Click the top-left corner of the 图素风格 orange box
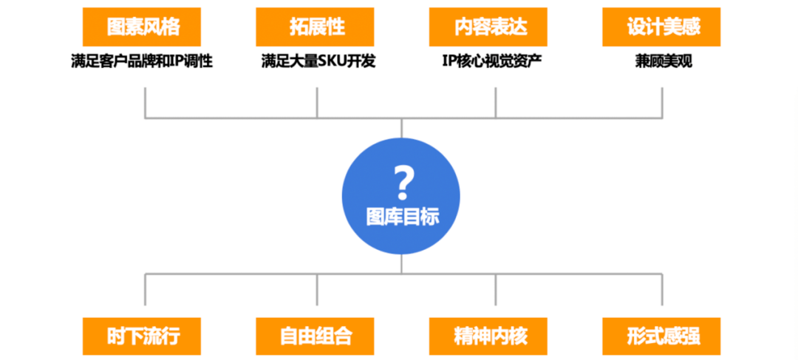coord(83,7)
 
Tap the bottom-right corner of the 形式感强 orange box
coord(720,355)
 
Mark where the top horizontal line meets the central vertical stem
coord(401,118)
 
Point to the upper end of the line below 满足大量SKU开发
coord(317,87)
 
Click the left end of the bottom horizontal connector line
coord(145,274)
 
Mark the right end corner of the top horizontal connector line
coord(662,118)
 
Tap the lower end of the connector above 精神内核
coord(496,305)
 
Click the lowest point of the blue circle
coord(401,256)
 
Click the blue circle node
coord(401,197)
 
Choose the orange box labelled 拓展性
coord(315,27)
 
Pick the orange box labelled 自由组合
coord(315,336)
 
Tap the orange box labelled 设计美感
coord(661,27)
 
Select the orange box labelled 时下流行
coord(142,336)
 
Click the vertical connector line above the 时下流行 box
coord(145,290)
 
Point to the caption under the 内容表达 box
coord(491,61)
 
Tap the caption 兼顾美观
coord(663,61)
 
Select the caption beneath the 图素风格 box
coord(141,61)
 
